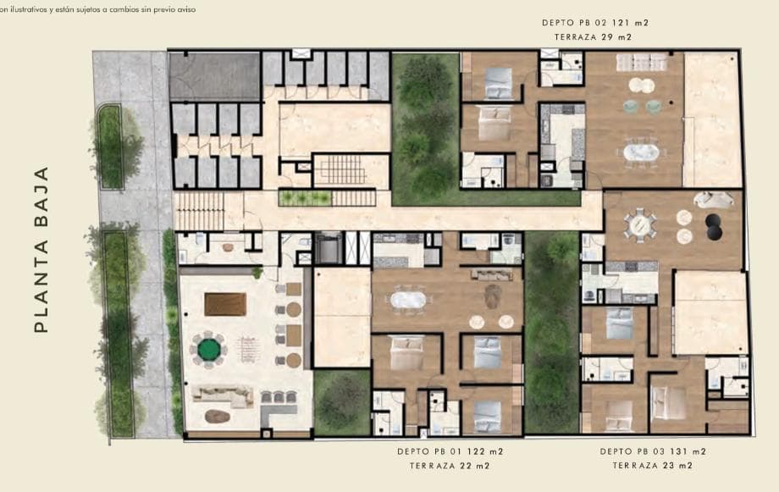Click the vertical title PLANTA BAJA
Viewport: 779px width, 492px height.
(41, 250)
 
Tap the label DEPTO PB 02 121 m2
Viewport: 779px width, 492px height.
(595, 22)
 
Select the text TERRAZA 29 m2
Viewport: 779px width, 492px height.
(593, 36)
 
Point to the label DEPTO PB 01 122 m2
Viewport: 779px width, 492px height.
(450, 451)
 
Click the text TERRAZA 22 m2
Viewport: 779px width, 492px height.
(450, 466)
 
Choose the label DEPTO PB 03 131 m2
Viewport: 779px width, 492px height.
(653, 451)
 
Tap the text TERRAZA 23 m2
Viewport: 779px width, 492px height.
(652, 466)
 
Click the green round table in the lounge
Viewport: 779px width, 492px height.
(208, 350)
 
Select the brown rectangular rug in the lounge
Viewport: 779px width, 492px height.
(225, 304)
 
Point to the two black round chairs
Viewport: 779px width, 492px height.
(714, 227)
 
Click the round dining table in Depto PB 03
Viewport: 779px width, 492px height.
(639, 225)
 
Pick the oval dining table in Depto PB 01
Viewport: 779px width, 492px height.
(408, 300)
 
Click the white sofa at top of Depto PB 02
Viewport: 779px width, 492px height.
(641, 62)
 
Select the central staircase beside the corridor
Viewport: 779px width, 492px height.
(340, 169)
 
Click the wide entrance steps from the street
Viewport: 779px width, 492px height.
(199, 211)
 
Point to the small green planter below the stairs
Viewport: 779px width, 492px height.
(305, 198)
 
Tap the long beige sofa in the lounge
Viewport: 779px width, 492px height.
(223, 396)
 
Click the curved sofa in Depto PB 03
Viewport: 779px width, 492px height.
(714, 199)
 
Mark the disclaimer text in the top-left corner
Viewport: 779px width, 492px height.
(97, 9)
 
